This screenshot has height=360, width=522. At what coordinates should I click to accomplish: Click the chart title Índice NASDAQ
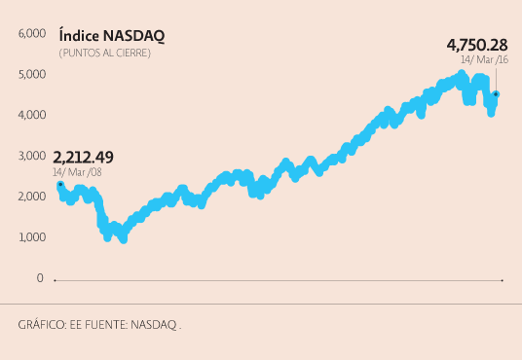point(111,36)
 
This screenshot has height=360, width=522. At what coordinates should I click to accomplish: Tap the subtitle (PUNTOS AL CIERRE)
point(104,53)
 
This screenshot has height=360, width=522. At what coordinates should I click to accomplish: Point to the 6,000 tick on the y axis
point(32,33)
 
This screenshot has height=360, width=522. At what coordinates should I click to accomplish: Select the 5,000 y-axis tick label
point(32,74)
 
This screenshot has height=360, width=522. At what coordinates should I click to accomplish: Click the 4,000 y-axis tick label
point(32,115)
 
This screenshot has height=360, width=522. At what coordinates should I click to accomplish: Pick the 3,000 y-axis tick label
point(32,156)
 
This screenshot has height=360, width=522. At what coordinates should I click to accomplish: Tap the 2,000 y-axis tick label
point(32,197)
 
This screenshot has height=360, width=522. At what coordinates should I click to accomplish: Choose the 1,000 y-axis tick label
point(32,237)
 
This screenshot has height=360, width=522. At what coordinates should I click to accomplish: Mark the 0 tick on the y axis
point(40,278)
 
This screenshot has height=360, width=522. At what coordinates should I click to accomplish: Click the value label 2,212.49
point(83,157)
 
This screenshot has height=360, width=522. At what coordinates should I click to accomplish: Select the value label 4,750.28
point(476,45)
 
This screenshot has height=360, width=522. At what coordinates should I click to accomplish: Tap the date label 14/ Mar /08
point(77,172)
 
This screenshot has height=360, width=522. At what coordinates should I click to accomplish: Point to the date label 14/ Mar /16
point(484,60)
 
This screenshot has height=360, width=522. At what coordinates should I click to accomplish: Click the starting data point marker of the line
point(60,184)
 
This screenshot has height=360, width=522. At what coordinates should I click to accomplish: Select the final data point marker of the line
point(496,94)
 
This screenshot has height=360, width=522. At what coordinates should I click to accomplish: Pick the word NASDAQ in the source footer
point(154,325)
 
